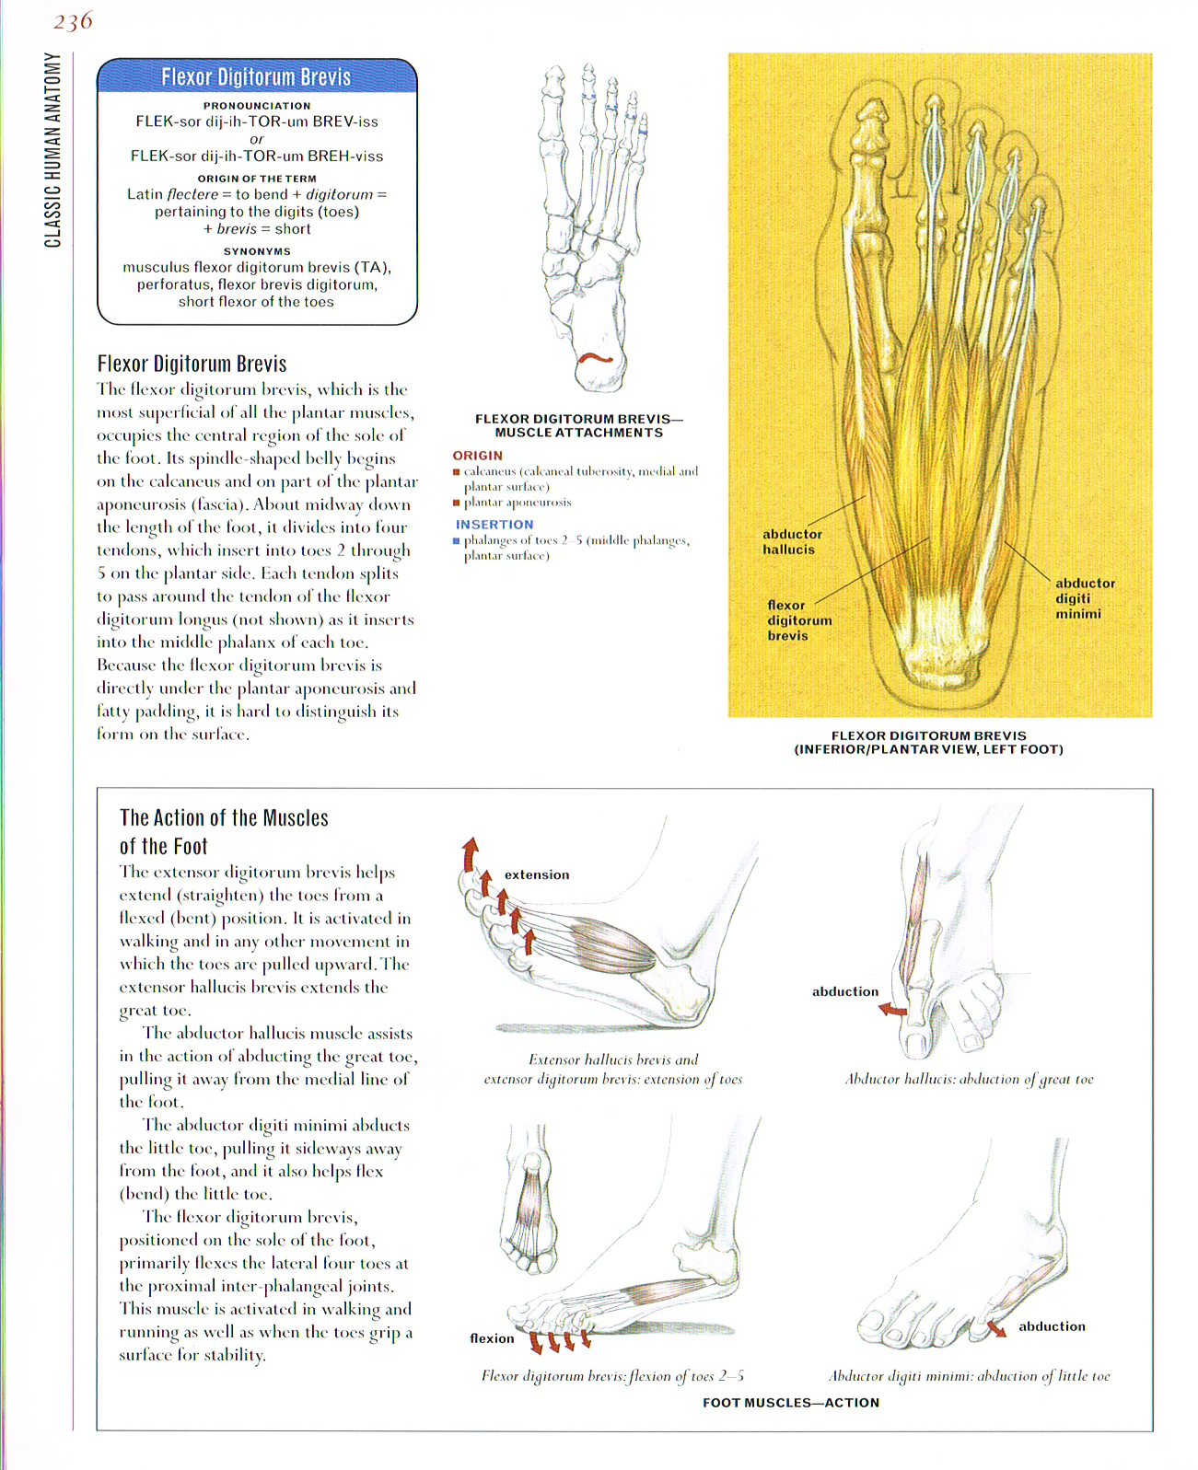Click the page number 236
click(73, 21)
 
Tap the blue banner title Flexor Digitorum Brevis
click(256, 77)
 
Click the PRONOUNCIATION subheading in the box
click(257, 106)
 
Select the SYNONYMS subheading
click(257, 251)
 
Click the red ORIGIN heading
click(477, 456)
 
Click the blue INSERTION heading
click(494, 525)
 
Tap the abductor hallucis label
click(791, 541)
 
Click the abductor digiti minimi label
click(1084, 598)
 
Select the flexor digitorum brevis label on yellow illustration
click(798, 620)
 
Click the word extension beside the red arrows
click(537, 874)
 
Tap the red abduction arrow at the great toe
click(891, 1010)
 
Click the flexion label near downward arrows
click(492, 1338)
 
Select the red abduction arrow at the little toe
click(996, 1328)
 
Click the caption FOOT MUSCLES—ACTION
click(790, 1403)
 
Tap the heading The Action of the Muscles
click(224, 818)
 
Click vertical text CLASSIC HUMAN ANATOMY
click(53, 150)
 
